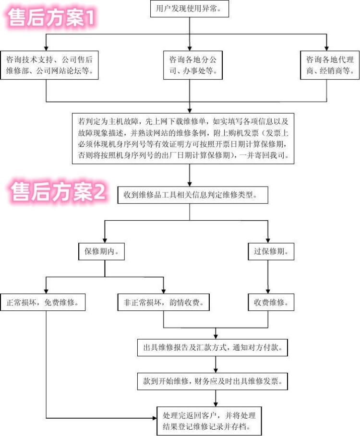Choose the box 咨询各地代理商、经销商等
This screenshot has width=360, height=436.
(330, 66)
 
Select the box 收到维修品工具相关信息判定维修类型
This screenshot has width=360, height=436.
(190, 195)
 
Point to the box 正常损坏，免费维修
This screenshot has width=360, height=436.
(43, 303)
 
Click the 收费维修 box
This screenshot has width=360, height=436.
(271, 303)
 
